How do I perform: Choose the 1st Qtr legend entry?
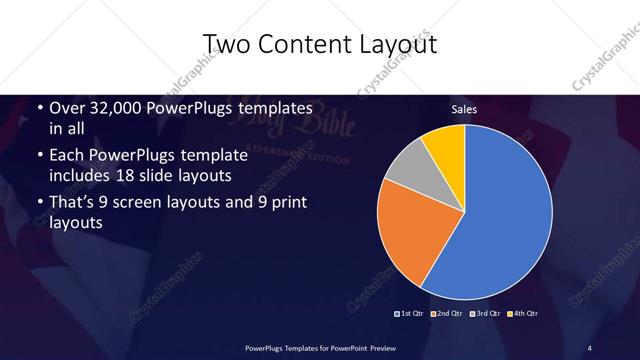tap(409, 314)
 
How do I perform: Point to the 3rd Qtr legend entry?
tap(483, 314)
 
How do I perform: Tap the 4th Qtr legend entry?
tap(521, 314)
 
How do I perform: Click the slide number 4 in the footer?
tap(590, 347)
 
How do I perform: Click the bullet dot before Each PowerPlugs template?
tap(40, 156)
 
